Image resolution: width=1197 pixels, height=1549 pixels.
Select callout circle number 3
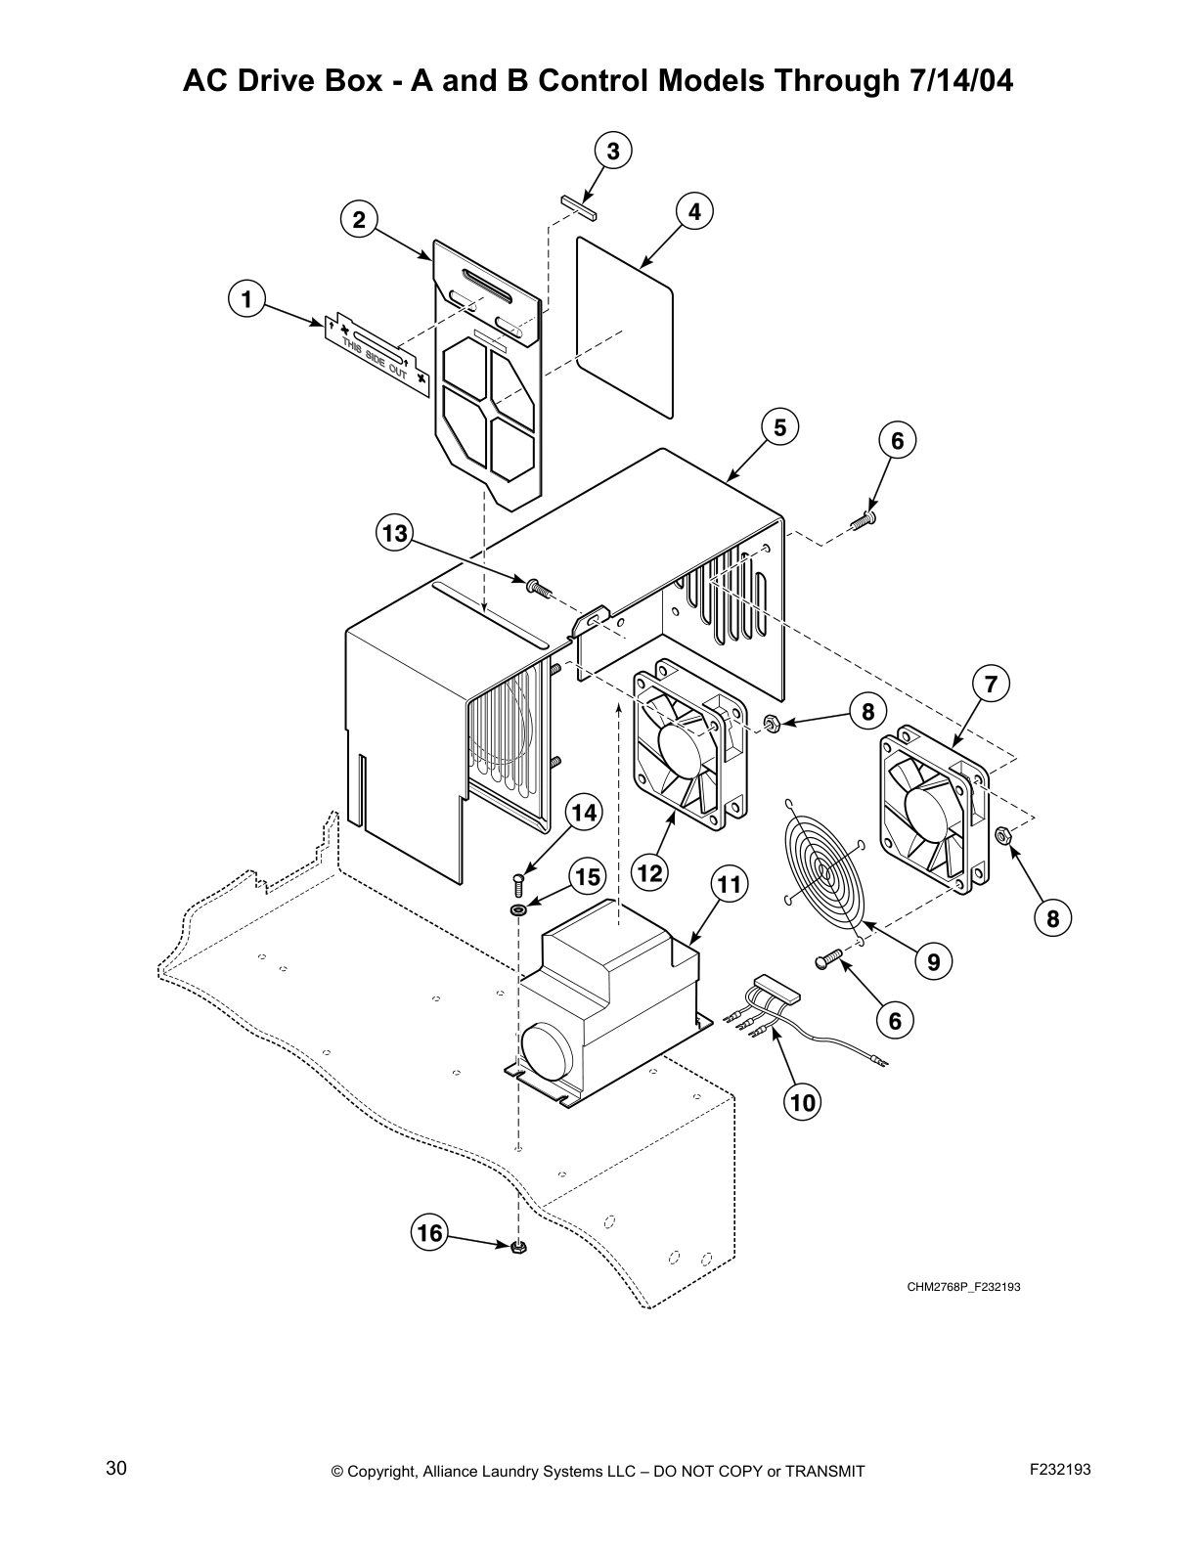tap(612, 151)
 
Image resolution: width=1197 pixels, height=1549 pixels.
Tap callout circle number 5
tap(779, 427)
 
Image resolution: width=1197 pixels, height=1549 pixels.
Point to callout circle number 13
tap(394, 533)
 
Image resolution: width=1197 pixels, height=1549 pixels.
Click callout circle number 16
tap(429, 1232)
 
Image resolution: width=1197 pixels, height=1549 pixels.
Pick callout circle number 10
tap(802, 1102)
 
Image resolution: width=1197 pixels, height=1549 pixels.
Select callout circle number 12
tap(649, 871)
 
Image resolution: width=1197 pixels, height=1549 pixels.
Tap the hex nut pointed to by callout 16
tap(519, 1247)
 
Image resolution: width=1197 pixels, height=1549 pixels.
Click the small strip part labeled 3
tap(580, 204)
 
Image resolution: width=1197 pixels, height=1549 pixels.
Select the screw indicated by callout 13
tap(535, 587)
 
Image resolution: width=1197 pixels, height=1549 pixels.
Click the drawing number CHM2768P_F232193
tap(962, 1287)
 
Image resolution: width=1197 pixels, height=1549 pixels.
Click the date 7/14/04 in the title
tap(953, 81)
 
